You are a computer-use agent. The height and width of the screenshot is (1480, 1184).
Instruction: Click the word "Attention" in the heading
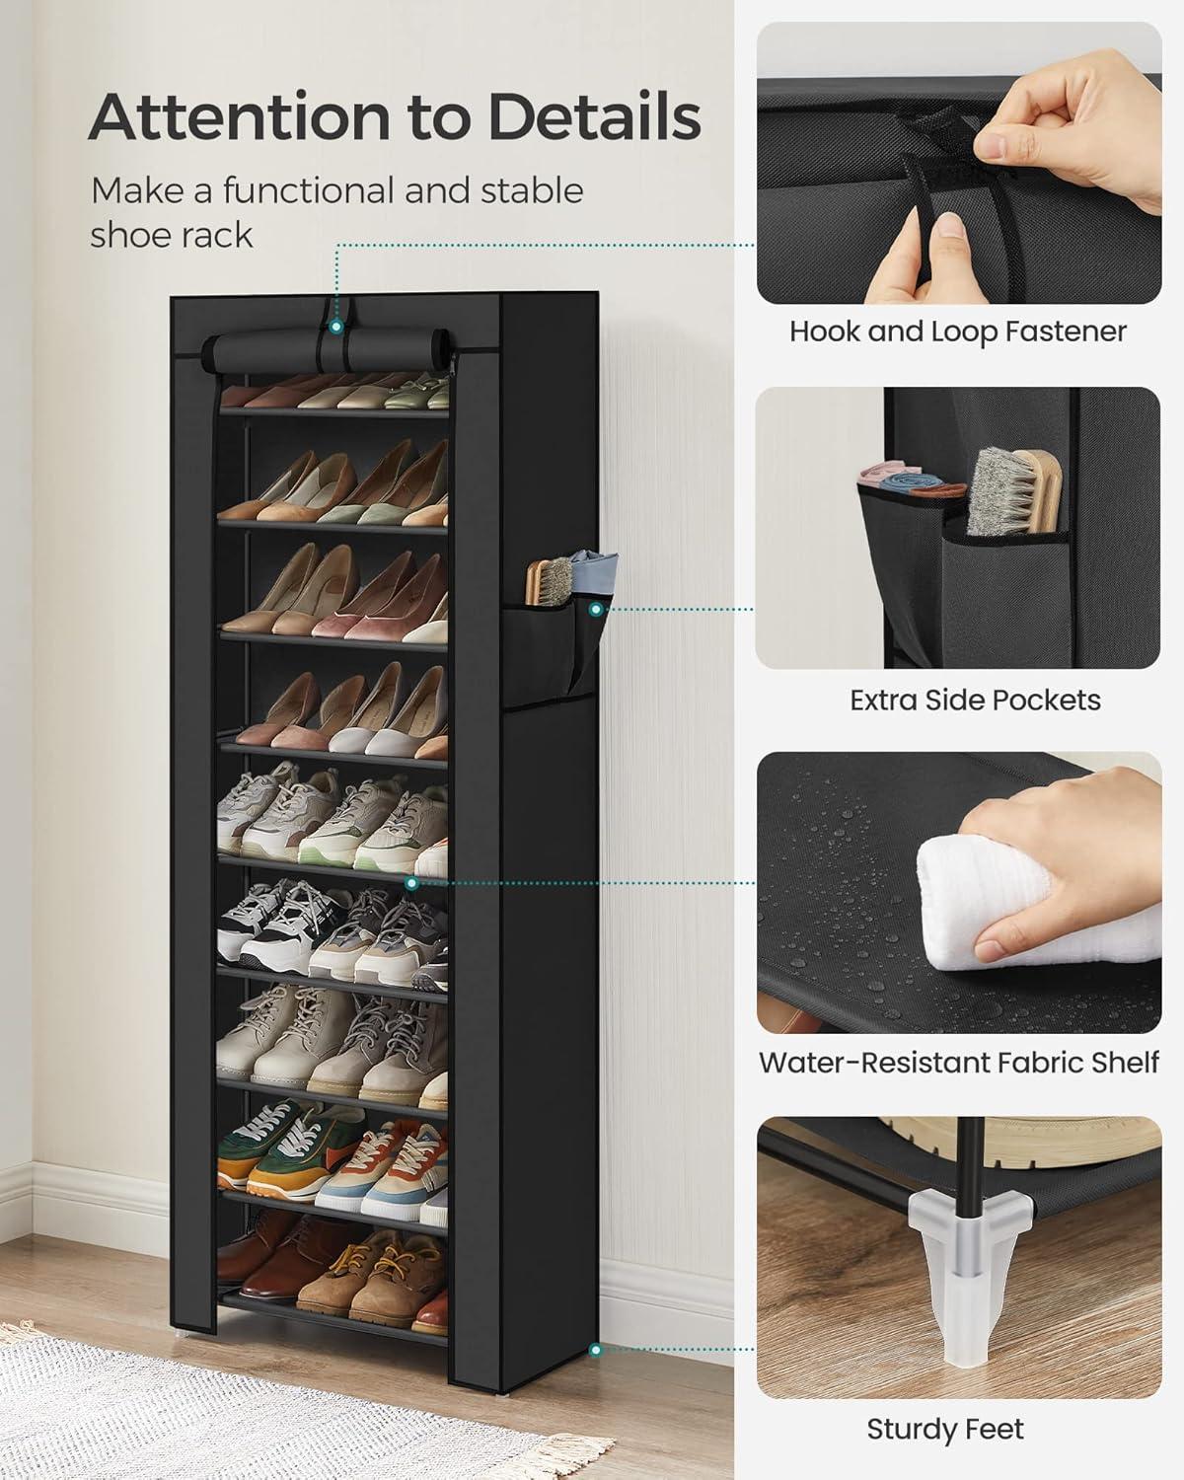(x=240, y=116)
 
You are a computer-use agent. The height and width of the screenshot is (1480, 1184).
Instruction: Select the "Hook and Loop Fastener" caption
(x=958, y=333)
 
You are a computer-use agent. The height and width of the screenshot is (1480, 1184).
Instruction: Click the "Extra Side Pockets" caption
(x=975, y=701)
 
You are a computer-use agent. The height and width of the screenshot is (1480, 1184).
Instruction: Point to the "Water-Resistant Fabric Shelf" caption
(x=958, y=1063)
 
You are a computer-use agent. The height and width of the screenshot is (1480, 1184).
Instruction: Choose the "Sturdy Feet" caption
(x=945, y=1429)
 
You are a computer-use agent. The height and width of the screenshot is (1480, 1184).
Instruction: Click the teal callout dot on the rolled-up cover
(x=335, y=327)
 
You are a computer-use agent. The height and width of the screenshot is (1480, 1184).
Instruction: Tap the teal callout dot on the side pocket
(x=596, y=610)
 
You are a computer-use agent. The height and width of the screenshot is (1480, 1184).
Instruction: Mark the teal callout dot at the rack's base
(x=596, y=1350)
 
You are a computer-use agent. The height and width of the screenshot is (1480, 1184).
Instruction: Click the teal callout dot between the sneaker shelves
(x=411, y=883)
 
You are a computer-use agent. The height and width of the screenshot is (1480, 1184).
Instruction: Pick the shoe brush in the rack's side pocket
(x=549, y=582)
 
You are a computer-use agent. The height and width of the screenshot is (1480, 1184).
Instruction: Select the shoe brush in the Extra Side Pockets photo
(x=1014, y=491)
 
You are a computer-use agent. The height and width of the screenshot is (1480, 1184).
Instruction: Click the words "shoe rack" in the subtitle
(x=172, y=235)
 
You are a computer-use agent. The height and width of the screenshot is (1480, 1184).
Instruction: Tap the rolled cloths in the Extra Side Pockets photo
(x=910, y=479)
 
